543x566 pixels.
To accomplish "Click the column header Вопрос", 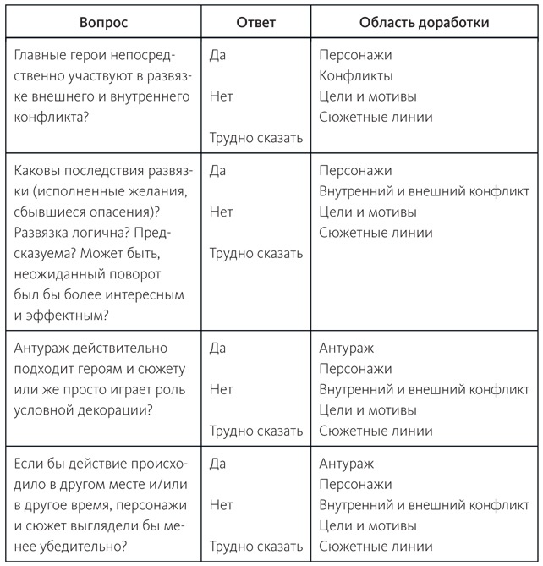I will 104,23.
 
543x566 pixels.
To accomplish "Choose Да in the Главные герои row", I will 217,56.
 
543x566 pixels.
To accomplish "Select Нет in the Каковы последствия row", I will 221,212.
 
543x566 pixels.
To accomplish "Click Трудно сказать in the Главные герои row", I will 256,138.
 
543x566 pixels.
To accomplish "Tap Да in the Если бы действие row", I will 217,464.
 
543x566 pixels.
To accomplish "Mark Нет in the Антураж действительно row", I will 221,389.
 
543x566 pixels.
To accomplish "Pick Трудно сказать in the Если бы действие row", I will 256,547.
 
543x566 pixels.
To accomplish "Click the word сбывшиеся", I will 53,212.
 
